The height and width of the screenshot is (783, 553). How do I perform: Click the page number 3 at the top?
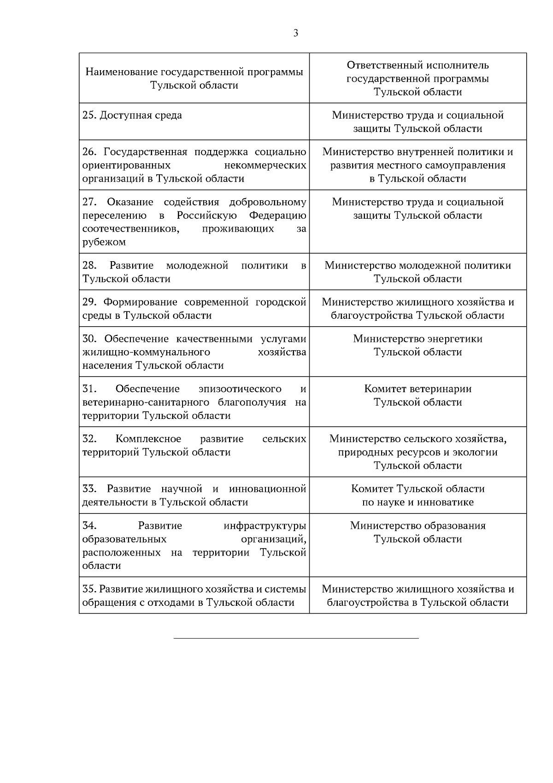[295, 33]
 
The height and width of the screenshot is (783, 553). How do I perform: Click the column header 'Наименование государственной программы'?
[194, 72]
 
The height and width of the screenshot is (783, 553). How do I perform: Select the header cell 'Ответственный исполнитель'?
[418, 66]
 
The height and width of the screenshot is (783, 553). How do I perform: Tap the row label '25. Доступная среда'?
[132, 115]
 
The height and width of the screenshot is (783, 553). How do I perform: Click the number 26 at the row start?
[88, 152]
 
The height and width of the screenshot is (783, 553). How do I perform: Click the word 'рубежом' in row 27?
[104, 242]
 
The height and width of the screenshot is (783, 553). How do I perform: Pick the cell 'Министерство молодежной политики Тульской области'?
[418, 272]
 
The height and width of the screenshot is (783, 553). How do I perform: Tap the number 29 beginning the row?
[88, 302]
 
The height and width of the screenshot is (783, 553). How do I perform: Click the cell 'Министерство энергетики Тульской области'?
[418, 346]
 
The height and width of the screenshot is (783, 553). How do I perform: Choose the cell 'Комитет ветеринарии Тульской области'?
[418, 395]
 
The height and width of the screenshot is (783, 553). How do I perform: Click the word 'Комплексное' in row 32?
[148, 439]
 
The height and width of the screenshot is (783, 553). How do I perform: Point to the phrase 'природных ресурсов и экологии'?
[418, 452]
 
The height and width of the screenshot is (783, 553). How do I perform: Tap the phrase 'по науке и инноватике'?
[418, 502]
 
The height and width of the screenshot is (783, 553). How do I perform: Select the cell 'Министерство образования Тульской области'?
[418, 532]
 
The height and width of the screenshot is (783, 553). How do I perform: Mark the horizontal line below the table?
[296, 639]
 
